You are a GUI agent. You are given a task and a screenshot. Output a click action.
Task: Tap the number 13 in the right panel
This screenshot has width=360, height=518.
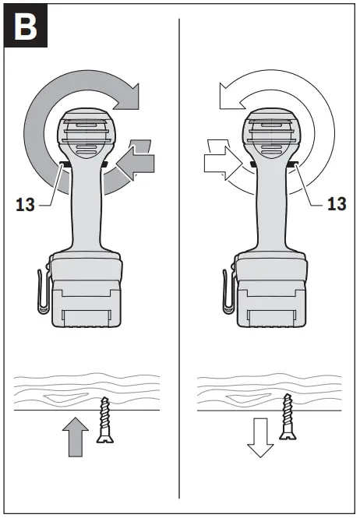pos(337,203)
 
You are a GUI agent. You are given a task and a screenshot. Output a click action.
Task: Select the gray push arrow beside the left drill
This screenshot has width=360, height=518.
pos(139,159)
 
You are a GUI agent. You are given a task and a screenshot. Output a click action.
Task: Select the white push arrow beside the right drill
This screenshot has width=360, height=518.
pos(221,161)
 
